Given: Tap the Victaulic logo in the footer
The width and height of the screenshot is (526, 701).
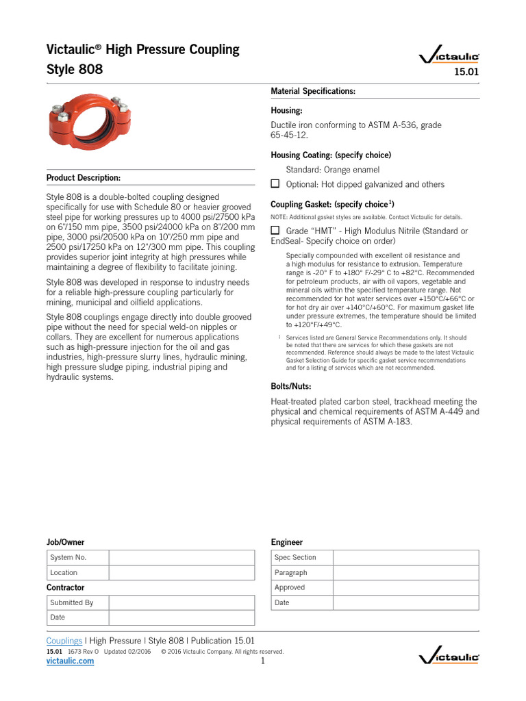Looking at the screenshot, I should click(x=449, y=658).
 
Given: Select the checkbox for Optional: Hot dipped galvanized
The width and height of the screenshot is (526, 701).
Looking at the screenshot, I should click(x=275, y=184).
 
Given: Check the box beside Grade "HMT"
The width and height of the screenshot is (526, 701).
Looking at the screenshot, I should click(x=275, y=231).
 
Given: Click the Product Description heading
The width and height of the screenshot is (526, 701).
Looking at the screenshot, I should click(x=84, y=178).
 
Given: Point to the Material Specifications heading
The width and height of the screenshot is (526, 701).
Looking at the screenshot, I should click(x=313, y=91).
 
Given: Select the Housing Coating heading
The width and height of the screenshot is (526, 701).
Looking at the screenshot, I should click(x=331, y=155).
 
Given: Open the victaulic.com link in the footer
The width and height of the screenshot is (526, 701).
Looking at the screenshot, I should click(x=70, y=661).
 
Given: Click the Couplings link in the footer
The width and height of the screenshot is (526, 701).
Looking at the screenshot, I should click(x=64, y=641).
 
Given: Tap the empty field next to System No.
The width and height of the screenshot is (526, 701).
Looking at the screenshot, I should click(x=181, y=557).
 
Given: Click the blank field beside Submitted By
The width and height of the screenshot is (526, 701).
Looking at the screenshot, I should click(x=181, y=602).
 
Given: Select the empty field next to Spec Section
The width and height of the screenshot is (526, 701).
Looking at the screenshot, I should click(x=405, y=557).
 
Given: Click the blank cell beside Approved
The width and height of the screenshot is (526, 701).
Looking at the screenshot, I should click(x=405, y=587).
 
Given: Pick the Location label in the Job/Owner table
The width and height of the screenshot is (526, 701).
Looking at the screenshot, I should click(x=64, y=572).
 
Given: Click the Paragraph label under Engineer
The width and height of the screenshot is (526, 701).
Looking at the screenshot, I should click(x=290, y=572).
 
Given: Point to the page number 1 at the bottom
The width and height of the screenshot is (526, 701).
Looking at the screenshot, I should click(x=262, y=661).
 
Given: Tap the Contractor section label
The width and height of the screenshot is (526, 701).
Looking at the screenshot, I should click(x=65, y=587).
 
